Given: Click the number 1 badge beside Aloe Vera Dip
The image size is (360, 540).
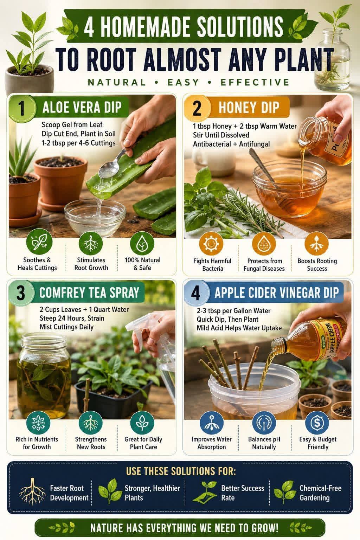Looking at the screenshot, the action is coord(22,108).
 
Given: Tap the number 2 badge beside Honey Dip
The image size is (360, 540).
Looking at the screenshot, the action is coord(197,108).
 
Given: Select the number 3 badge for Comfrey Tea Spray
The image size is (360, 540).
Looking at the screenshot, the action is coord(21,293).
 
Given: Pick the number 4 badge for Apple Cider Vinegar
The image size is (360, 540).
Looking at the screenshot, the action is coord(196,293).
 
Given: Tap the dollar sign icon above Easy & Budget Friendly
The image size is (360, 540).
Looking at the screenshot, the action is coord(317,423).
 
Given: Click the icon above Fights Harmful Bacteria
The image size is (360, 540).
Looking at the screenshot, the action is coord(211,244).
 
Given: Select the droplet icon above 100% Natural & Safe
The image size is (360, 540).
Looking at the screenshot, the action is coord(142,244).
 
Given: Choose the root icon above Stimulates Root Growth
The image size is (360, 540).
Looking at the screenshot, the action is coord(91,244).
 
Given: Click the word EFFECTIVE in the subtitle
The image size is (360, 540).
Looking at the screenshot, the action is coord(255,82).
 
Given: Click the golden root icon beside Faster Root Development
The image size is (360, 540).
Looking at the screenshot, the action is coord(32,492).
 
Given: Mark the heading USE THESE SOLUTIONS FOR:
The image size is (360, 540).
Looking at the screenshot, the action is coord(181,471).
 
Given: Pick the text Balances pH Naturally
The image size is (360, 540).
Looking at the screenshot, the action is coord(264,443).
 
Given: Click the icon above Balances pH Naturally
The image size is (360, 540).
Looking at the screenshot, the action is coord(264,423).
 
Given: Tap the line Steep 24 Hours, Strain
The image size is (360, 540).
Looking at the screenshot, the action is coord(72,318).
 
